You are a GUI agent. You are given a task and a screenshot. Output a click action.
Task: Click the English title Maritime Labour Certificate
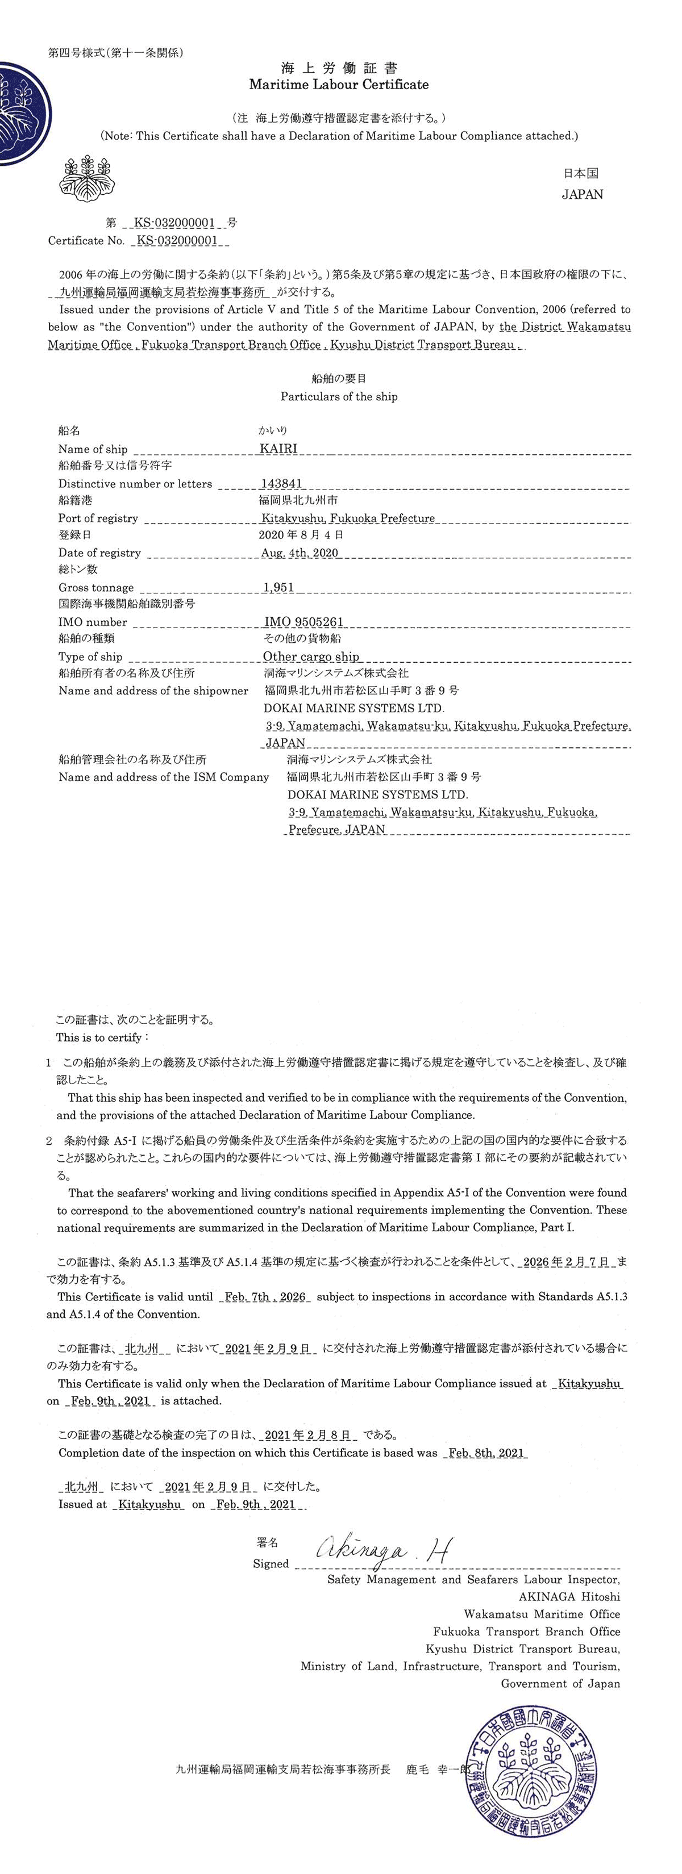pos(339,85)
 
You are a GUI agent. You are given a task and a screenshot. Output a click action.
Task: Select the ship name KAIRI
pos(279,449)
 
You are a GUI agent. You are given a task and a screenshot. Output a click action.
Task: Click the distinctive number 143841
pos(281,484)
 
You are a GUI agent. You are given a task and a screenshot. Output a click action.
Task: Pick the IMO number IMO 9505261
pos(303,622)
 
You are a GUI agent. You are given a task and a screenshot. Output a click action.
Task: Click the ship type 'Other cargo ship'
pos(311,657)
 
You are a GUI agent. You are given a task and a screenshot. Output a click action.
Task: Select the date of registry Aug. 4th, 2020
pos(299,553)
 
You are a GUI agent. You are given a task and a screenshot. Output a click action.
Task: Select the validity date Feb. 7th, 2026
pos(265,1297)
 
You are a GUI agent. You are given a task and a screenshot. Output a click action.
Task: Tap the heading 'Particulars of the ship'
pos(339,397)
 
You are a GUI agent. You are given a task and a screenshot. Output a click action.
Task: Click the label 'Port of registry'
pos(98,518)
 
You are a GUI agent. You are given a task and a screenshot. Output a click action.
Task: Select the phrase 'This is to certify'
pos(101,1038)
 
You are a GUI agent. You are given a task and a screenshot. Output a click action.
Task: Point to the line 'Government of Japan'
pos(560,1683)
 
